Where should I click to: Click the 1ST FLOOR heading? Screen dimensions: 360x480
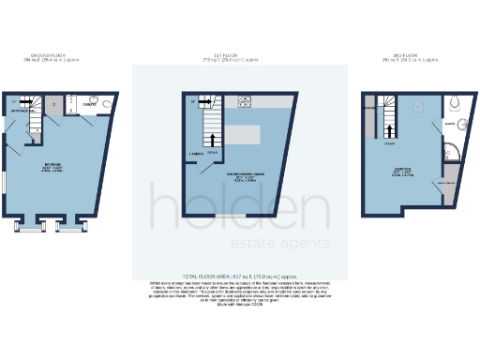(x=239, y=56)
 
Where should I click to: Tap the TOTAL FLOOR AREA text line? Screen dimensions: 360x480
(x=239, y=277)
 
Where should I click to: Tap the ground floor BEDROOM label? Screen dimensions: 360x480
(x=52, y=166)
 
